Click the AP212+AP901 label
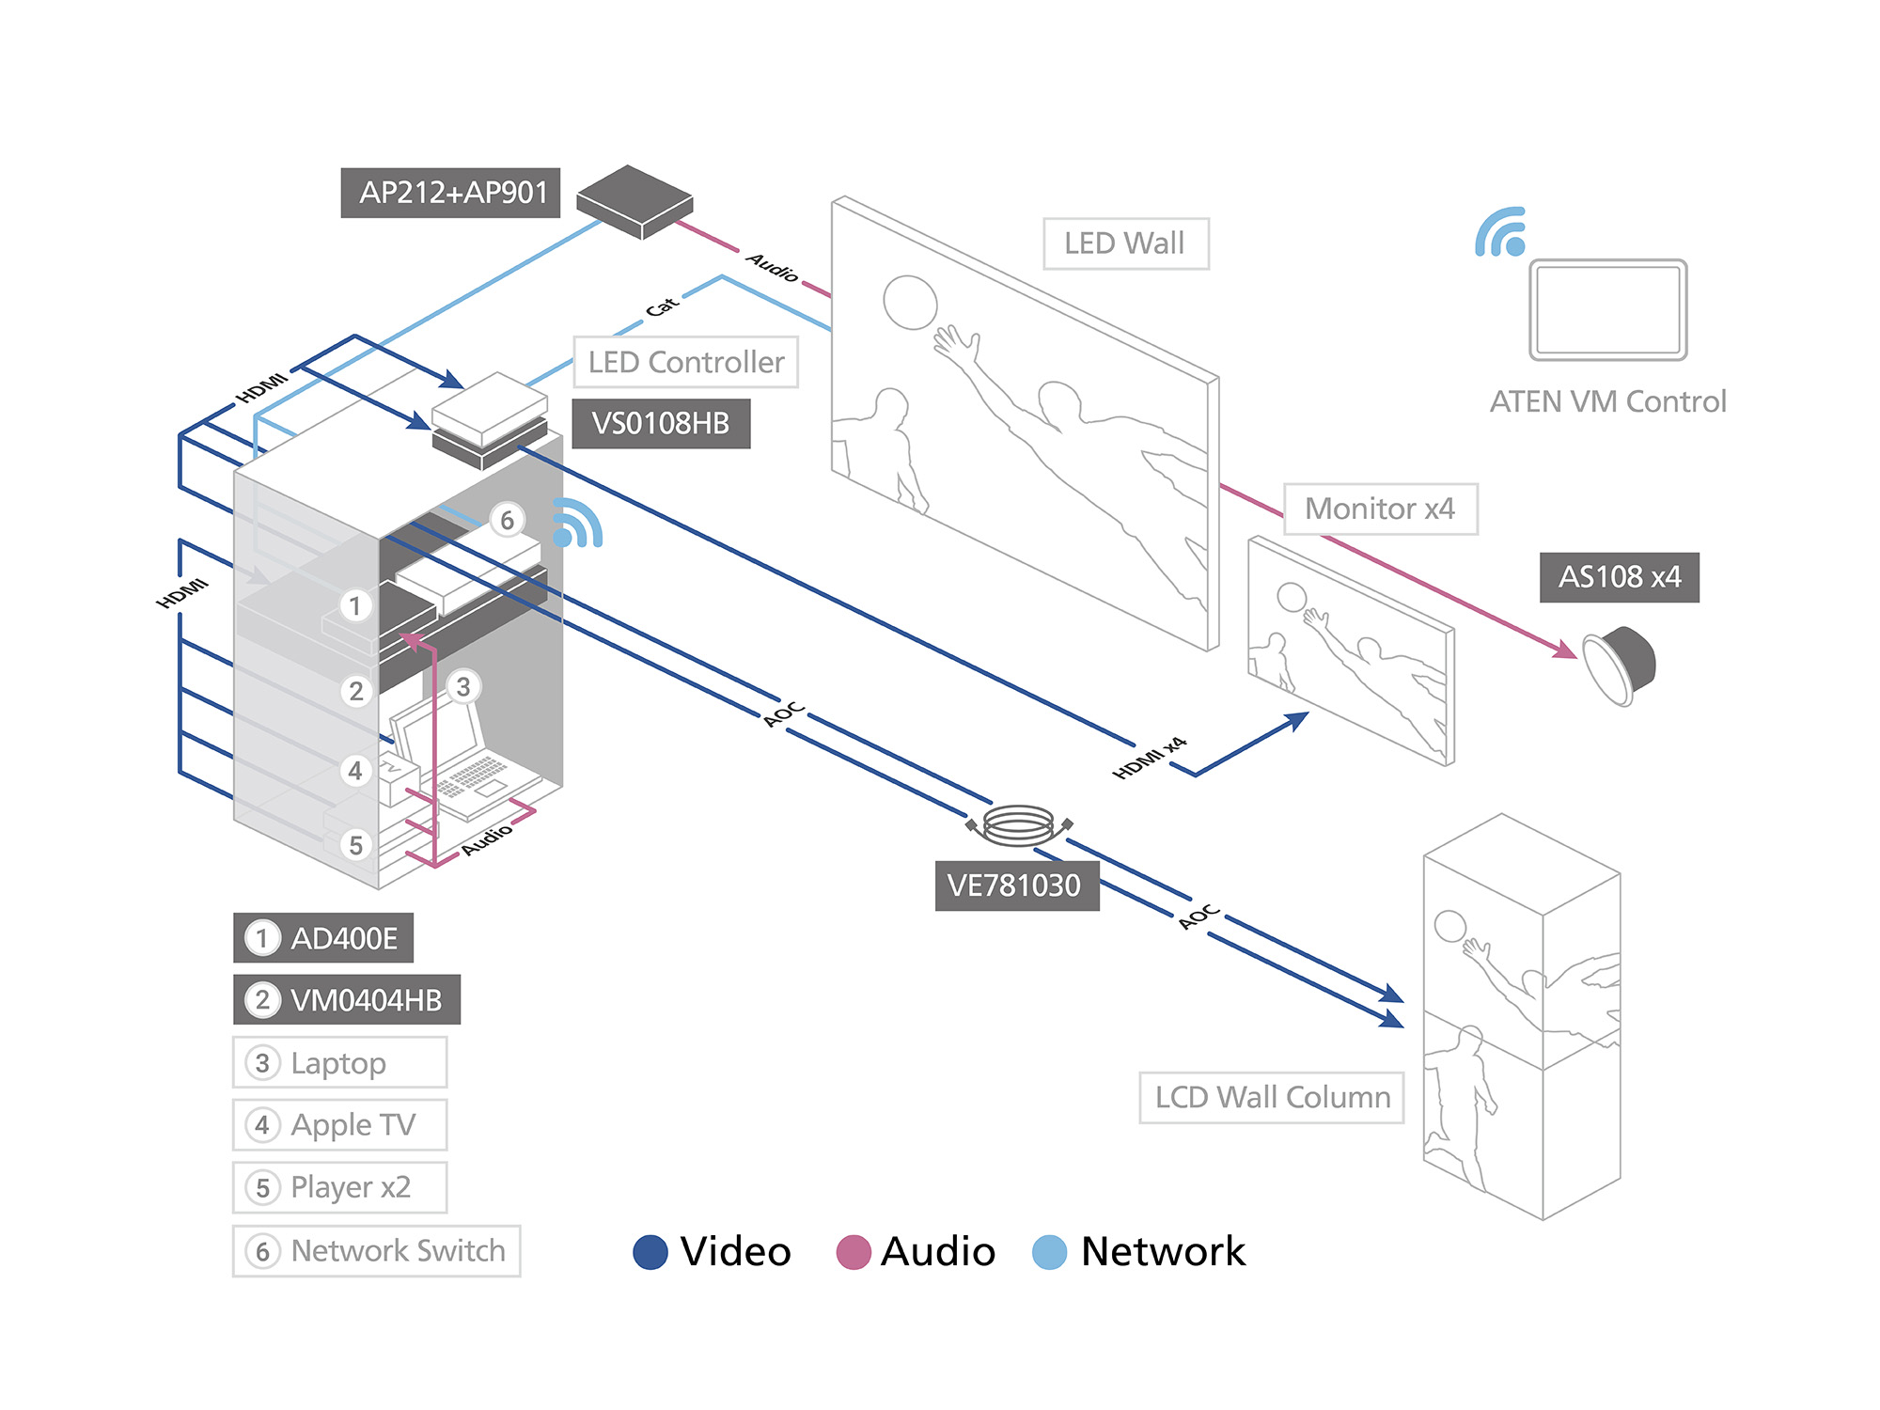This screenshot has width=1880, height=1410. coord(450,193)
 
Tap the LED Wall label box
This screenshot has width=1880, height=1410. coord(1125,243)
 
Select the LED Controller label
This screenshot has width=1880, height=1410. coord(685,362)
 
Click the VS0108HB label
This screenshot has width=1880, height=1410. coord(661,424)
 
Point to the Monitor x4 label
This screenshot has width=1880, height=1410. coord(1380,509)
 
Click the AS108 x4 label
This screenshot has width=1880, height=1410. coord(1619,577)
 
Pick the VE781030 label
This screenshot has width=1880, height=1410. coord(1016,885)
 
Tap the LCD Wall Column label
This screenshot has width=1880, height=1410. coord(1271,1097)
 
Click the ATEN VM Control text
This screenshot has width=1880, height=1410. coord(1607,401)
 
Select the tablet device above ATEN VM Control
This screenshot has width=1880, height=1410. coord(1607,309)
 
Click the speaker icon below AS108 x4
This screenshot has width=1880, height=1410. coord(1619,666)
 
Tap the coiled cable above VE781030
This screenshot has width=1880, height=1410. coord(1019,824)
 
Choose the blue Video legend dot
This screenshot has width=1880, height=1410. coord(650,1252)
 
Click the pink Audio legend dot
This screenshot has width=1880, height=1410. coord(854,1252)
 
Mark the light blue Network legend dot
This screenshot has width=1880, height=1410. coord(1049,1252)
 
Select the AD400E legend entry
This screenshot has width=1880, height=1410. coord(323,938)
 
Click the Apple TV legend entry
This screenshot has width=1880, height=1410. coord(339,1124)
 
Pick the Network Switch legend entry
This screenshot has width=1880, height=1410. coord(376,1250)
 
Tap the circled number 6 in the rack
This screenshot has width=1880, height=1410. coord(507,520)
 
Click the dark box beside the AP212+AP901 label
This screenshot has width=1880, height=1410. coord(634,201)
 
